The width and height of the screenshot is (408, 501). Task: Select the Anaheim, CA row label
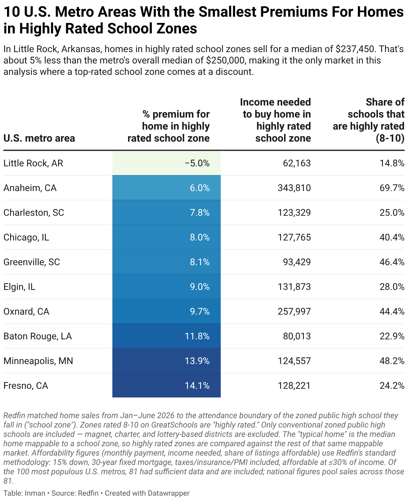pos(30,188)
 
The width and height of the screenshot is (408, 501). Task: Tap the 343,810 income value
pos(294,188)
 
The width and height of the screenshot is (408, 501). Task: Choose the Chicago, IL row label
pos(26,237)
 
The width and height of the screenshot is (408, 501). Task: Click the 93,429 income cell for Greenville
pos(297,262)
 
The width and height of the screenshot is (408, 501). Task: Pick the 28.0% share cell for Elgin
pos(392,287)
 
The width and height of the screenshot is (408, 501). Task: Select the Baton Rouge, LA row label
pos(37,336)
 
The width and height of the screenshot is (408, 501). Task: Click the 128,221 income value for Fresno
pos(294,385)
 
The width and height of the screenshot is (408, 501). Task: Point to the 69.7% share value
pos(392,188)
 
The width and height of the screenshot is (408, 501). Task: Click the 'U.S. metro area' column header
pos(39,138)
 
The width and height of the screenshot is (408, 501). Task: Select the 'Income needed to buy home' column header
pos(276,120)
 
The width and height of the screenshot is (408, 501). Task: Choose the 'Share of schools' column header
pos(369,120)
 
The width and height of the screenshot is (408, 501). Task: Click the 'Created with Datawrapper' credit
pos(147,493)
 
